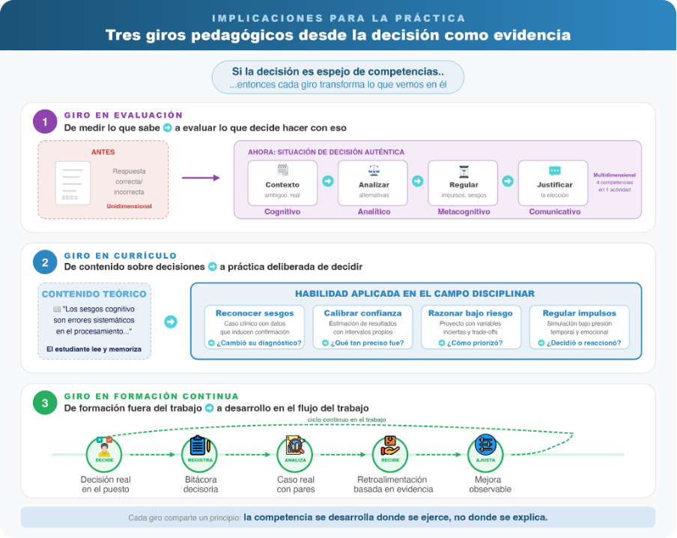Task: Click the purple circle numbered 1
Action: pos(46,122)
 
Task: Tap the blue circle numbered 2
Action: pos(46,262)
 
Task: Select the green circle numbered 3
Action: pos(46,403)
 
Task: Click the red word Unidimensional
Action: pos(128,206)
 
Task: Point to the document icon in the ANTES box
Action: pos(73,181)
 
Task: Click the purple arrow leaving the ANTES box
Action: pos(201,178)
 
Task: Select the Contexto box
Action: pos(282,182)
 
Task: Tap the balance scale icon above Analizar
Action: pos(374,171)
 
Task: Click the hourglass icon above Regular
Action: pos(464,171)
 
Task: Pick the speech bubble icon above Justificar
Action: pos(554,171)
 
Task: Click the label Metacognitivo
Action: pos(464,212)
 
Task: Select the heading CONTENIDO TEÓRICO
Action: pos(94,294)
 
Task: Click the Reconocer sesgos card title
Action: pos(255,313)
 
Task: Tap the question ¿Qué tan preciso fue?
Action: pos(362,343)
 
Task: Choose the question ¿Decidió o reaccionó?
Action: pos(579,343)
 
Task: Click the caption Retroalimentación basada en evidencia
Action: pos(393,484)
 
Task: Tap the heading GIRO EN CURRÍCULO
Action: pos(120,256)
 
